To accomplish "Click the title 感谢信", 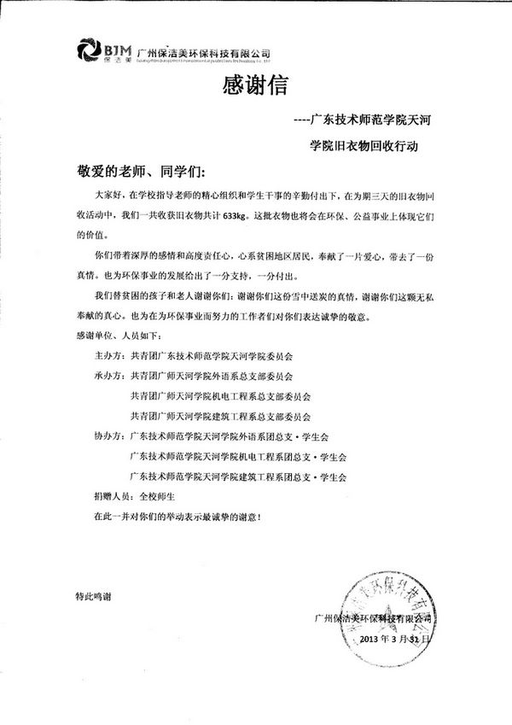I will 250,86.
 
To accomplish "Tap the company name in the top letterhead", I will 203,51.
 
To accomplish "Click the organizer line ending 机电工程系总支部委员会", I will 220,396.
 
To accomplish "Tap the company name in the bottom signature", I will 373,617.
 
